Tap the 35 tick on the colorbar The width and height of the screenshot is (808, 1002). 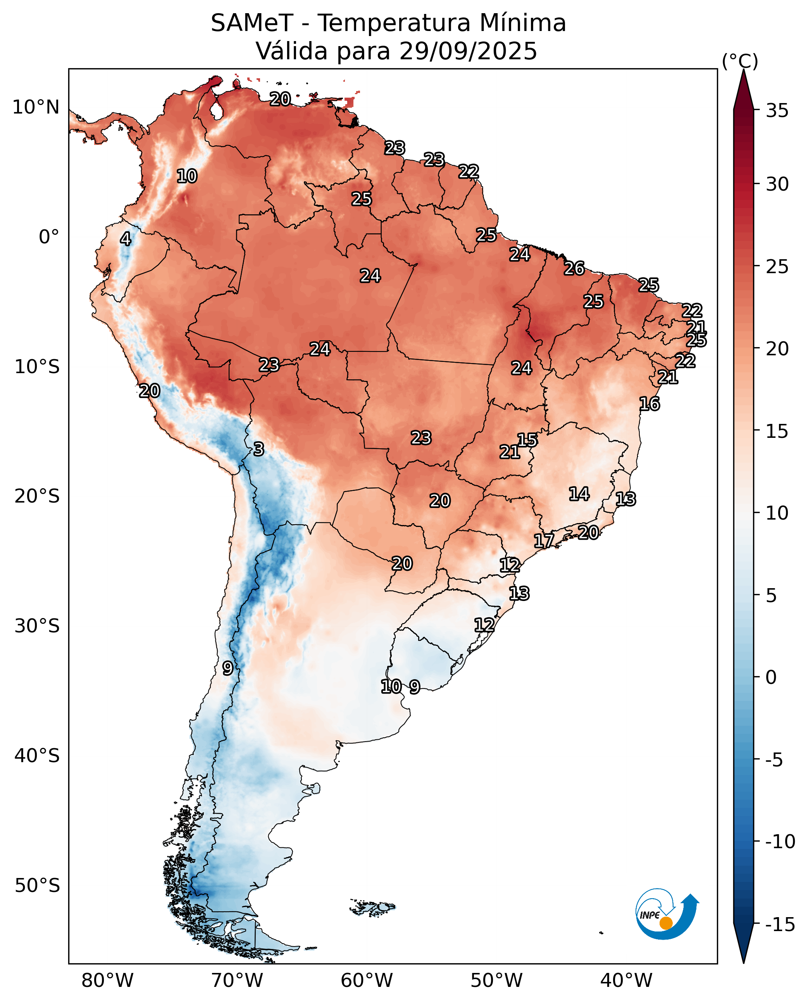tap(777, 111)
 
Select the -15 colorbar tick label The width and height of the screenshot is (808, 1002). tap(780, 925)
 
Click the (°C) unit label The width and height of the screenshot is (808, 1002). tap(739, 61)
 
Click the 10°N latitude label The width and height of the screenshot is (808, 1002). tap(36, 107)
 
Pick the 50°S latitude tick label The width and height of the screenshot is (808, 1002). tap(37, 886)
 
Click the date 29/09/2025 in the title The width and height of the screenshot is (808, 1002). tap(468, 51)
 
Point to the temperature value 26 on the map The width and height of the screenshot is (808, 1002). tap(574, 269)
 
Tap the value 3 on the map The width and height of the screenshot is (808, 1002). tap(259, 449)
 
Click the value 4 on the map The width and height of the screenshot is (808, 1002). tap(126, 239)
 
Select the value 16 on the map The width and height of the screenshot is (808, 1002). tap(649, 404)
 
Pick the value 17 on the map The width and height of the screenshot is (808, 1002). tap(544, 541)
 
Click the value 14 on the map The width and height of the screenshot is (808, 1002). tap(579, 494)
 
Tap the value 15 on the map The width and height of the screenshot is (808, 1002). tap(528, 440)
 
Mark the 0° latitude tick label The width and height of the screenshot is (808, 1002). tap(49, 237)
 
